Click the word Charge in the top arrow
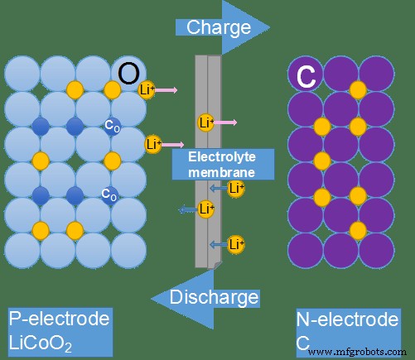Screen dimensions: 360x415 (x=218, y=27)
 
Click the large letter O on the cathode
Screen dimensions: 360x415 (x=128, y=74)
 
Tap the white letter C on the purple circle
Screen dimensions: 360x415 (x=306, y=77)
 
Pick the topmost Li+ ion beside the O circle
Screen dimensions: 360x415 (x=147, y=89)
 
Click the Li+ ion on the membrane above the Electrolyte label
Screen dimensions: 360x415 (x=206, y=123)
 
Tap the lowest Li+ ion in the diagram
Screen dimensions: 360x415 (x=235, y=244)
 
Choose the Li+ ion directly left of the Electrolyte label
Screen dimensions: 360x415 (x=152, y=144)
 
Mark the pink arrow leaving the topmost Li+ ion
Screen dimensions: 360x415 (x=166, y=89)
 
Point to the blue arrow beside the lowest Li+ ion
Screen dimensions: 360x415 (x=217, y=244)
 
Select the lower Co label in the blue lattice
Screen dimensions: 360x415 (x=109, y=194)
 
